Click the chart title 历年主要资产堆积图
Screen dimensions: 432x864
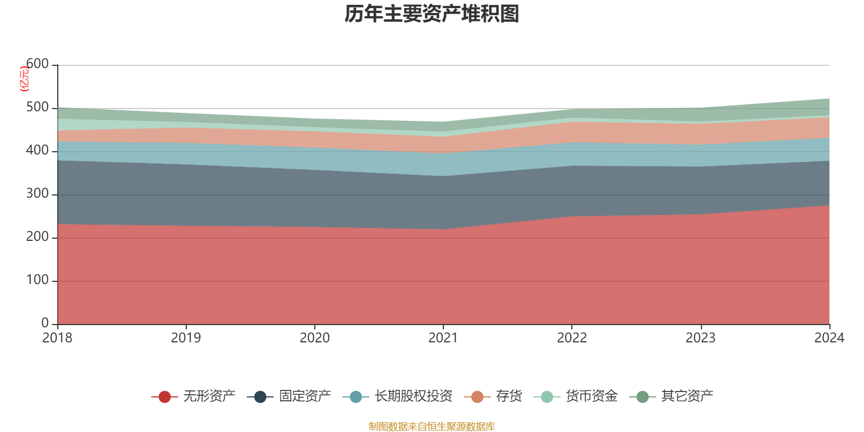432,14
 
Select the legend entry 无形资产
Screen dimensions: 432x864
209,396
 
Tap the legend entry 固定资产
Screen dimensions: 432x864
305,396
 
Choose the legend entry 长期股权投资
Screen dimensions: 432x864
413,396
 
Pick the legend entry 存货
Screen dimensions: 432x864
509,396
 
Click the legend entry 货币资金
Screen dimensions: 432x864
591,396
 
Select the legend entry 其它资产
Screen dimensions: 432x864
687,396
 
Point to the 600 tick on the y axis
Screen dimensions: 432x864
37,64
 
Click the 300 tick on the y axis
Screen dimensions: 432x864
37,194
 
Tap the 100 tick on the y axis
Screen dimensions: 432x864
37,280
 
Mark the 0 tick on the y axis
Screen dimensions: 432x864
45,323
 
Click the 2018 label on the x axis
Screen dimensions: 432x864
57,338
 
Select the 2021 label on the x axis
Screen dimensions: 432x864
443,338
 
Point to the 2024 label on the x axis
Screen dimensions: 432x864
829,338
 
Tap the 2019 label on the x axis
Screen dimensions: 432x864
186,338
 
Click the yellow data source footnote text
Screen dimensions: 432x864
432,427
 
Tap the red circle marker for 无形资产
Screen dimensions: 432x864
165,397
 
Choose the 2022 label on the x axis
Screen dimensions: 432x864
572,338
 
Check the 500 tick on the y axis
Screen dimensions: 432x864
37,107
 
